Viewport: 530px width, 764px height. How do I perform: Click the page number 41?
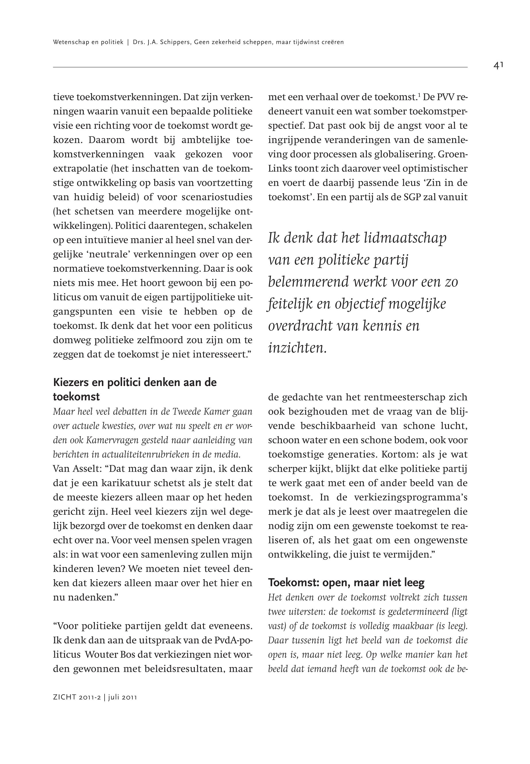coord(498,66)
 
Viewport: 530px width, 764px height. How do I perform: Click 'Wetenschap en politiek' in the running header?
coord(88,42)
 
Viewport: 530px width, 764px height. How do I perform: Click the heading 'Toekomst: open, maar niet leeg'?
coord(346,582)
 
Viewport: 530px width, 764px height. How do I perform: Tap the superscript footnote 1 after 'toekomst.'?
coord(419,96)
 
